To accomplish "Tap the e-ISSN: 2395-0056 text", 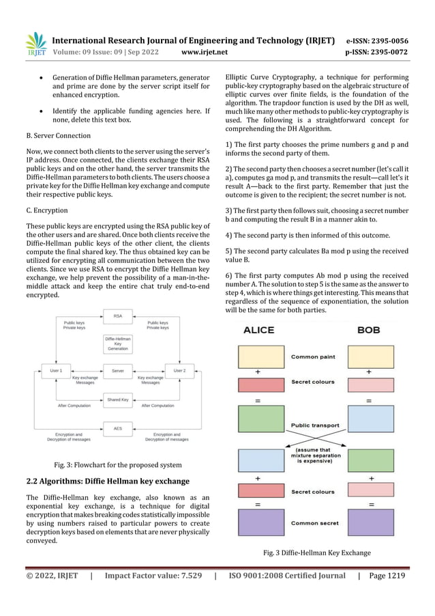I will [x=377, y=40].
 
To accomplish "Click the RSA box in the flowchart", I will [x=118, y=316].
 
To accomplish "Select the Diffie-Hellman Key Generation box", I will [x=118, y=344].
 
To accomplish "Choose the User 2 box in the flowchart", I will [x=180, y=370].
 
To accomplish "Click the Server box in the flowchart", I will [x=118, y=370].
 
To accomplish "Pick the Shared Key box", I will [x=118, y=400].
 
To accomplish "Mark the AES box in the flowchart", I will [x=118, y=429].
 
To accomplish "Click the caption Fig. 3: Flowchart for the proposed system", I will [x=118, y=465].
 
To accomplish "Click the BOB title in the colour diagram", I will [x=369, y=330].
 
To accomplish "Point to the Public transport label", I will [x=314, y=425].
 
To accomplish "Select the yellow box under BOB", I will [x=369, y=356].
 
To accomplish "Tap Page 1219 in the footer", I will [x=387, y=576].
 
